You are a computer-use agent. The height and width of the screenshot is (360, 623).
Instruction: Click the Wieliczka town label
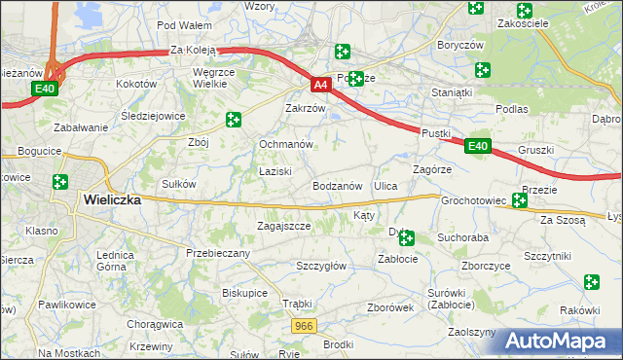point(113,199)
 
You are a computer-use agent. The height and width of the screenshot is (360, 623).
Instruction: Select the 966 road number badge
point(306,327)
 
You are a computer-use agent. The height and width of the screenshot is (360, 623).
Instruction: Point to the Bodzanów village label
point(337,185)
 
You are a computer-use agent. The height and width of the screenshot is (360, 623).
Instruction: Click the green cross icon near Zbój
point(233,120)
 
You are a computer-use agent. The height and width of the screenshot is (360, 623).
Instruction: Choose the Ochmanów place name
point(285,144)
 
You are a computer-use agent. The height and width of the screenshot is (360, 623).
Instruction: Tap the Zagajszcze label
point(283,226)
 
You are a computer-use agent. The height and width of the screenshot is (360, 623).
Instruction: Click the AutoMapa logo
point(561,341)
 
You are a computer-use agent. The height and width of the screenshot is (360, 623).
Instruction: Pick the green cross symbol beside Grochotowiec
point(519,200)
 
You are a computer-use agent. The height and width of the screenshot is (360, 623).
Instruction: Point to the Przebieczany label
point(218,253)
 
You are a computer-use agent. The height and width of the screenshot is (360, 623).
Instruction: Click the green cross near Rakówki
point(592,282)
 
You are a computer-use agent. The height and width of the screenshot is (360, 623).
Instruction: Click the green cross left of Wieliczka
point(60,182)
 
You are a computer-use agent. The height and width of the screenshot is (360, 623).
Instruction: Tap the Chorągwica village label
point(156,324)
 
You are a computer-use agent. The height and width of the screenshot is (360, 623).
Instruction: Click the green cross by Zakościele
point(525,11)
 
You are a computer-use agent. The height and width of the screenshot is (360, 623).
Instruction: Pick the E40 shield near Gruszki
point(475,146)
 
